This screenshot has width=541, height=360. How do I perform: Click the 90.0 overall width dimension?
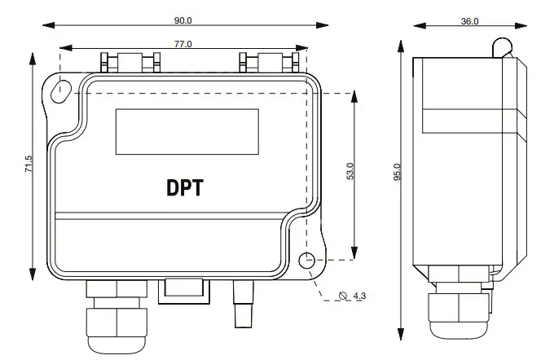tap(183, 20)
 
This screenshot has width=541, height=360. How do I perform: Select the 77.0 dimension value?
tap(183, 45)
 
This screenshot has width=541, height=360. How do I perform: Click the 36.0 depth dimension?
tap(469, 21)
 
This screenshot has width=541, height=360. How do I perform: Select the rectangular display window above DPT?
tap(187, 130)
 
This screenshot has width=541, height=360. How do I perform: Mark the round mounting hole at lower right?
tap(307, 261)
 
